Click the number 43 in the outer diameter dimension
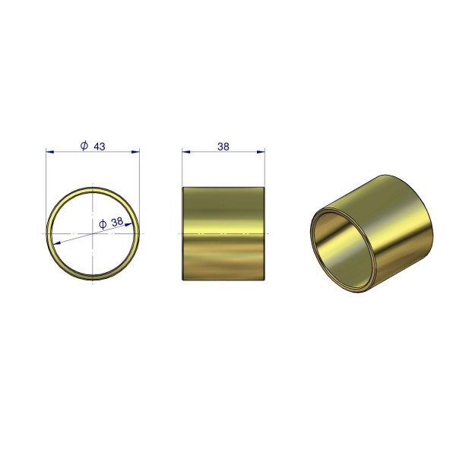(x=99, y=147)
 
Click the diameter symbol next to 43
(x=84, y=145)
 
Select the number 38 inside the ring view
(x=117, y=222)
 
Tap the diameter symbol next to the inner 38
(x=103, y=224)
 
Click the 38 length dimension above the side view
(x=223, y=147)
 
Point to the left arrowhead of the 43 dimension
(x=50, y=151)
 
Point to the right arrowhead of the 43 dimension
(x=135, y=151)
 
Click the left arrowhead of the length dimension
(x=186, y=151)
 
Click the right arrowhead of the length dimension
(x=261, y=151)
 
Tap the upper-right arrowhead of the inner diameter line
(x=128, y=224)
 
